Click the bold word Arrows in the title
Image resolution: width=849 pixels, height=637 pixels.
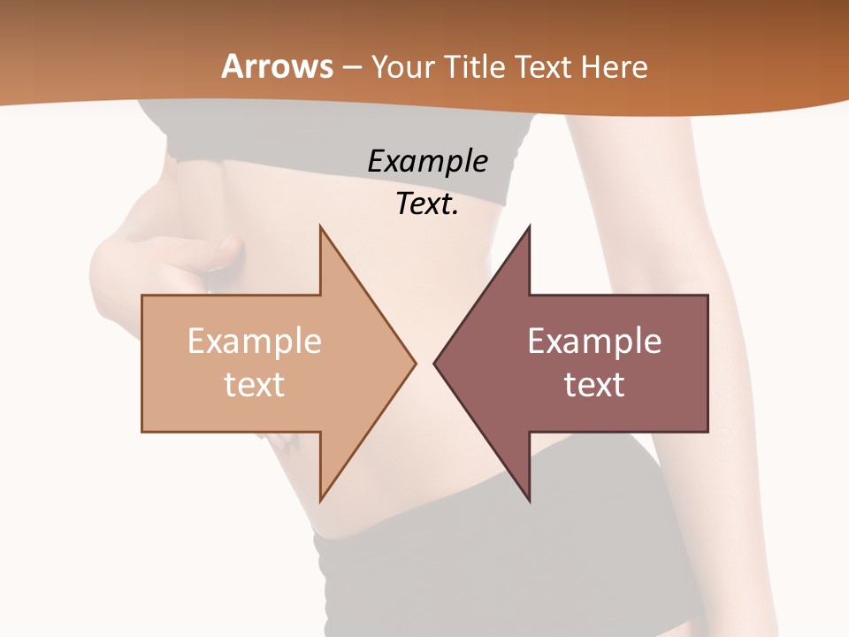277,66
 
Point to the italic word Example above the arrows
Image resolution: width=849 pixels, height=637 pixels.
427,162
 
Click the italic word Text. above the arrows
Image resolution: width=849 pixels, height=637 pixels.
427,204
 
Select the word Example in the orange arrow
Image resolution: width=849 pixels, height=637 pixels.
254,342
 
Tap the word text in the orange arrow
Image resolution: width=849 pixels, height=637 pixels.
254,385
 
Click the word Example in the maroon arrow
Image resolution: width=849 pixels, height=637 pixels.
594,342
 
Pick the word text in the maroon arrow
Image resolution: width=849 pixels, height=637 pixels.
594,385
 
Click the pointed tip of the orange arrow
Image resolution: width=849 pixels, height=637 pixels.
414,362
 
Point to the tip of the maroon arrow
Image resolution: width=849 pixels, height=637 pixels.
435,362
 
